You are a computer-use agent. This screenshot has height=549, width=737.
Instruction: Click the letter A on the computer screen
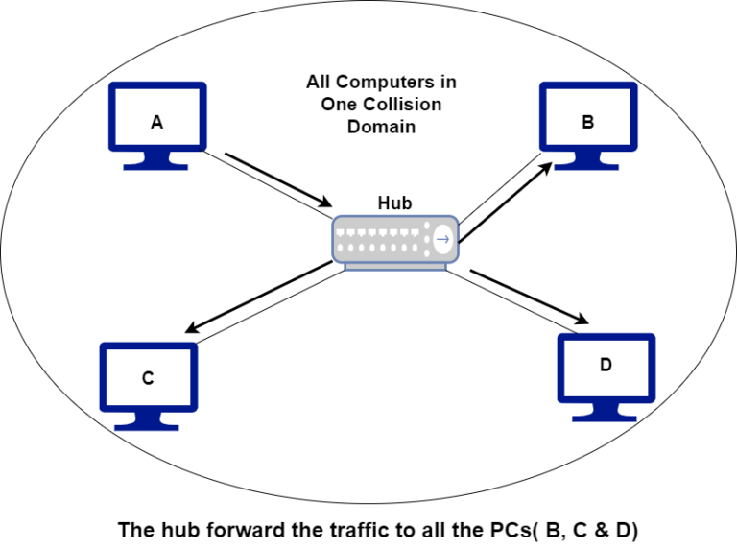coord(156,122)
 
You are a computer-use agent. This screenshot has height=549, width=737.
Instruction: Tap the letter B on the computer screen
coord(587,122)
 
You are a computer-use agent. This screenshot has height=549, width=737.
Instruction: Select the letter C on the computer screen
coord(148,378)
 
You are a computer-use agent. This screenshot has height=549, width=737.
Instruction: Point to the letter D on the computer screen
coord(606,366)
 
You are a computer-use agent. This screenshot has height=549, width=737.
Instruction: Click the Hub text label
coord(394,203)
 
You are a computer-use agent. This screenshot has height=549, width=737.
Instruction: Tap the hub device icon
coord(394,240)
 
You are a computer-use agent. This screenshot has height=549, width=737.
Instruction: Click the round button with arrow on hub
coord(442,239)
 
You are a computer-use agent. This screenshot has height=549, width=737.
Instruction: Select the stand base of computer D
coord(606,415)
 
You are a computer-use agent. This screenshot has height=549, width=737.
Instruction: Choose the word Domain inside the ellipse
coord(381,127)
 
